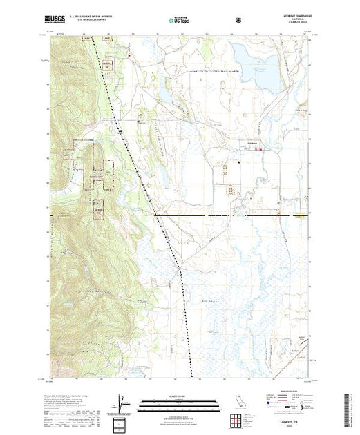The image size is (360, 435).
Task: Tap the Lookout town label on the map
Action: click(x=233, y=143)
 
